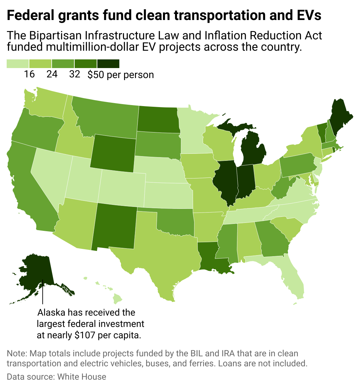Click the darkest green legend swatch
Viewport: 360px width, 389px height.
tap(108, 64)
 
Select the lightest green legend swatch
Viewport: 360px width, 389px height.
tap(18, 64)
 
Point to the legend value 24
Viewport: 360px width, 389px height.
tap(52, 74)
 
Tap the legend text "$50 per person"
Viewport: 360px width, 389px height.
tap(121, 74)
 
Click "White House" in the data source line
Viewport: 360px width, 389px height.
tap(82, 377)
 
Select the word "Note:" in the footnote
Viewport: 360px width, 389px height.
tap(17, 353)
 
